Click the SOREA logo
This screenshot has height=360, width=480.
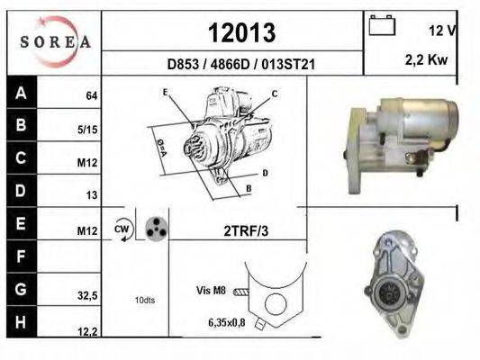click(x=55, y=41)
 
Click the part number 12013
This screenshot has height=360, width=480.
click(x=242, y=32)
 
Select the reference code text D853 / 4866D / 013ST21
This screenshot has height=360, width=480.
click(x=241, y=64)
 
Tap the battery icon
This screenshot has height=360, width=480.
click(x=382, y=25)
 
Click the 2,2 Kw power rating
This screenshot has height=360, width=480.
click(x=427, y=60)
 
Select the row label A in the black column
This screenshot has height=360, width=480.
click(x=21, y=93)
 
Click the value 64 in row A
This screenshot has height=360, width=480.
click(x=92, y=95)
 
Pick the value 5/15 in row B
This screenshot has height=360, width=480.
click(x=87, y=130)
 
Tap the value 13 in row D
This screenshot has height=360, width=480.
click(x=92, y=194)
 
